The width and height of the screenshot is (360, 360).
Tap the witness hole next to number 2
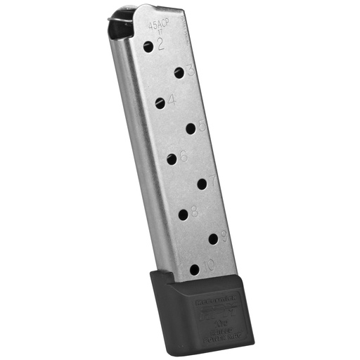coord(148,46)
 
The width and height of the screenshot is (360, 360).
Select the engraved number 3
coord(190,68)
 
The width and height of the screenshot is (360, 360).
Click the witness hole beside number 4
coord(160,103)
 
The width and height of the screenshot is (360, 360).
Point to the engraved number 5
coord(202,124)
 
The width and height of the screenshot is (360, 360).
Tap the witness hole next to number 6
coord(172,159)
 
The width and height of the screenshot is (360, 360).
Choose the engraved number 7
coord(212,180)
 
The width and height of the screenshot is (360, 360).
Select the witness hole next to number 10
coord(194,269)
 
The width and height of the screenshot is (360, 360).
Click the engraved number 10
coord(209,266)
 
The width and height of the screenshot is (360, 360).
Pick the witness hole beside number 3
coord(179,72)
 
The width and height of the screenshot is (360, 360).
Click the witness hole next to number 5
coord(191,128)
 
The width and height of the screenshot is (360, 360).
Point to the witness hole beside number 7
coord(202,184)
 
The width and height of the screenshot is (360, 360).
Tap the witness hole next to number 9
coord(213,239)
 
